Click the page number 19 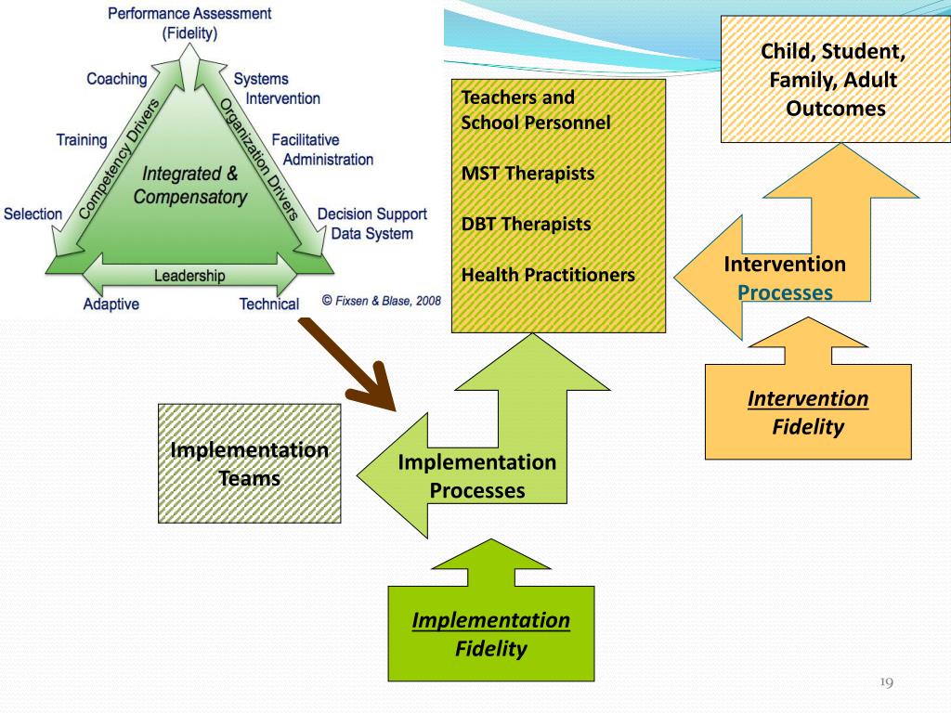point(886,683)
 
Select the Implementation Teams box point(249,465)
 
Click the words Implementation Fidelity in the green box point(490,634)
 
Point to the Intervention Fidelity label point(808,412)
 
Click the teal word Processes point(785,292)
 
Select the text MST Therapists point(528,174)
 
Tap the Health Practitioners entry point(548,275)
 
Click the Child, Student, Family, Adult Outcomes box point(835,80)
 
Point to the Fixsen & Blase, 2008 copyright point(381,301)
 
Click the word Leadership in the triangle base point(189,276)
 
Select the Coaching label point(117,79)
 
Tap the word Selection point(33,214)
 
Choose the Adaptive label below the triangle point(111,304)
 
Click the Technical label point(269,304)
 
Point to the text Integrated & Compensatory point(189,186)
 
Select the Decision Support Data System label point(371,224)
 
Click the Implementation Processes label point(476,476)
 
